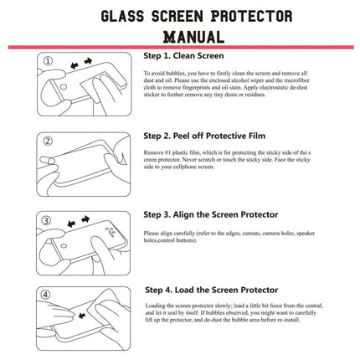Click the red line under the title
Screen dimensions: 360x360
pos(180,48)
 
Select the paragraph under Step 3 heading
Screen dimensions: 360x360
pos(243,236)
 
